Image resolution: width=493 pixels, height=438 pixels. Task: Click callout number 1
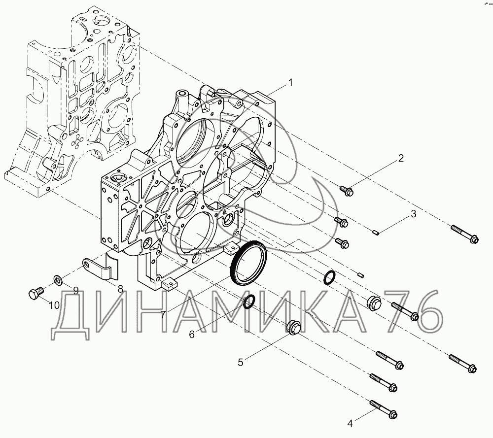(290, 83)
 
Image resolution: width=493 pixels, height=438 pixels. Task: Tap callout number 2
(401, 158)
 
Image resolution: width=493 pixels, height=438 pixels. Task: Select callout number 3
(414, 214)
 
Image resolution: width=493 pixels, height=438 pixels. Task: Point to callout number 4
(350, 424)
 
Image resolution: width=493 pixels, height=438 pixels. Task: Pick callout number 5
(241, 363)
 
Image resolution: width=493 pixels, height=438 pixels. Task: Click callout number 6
(192, 335)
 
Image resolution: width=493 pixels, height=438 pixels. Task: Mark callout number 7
(163, 314)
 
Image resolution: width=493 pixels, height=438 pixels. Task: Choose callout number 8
(120, 289)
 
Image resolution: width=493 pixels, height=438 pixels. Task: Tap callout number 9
(76, 291)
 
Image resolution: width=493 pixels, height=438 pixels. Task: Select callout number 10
(54, 305)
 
